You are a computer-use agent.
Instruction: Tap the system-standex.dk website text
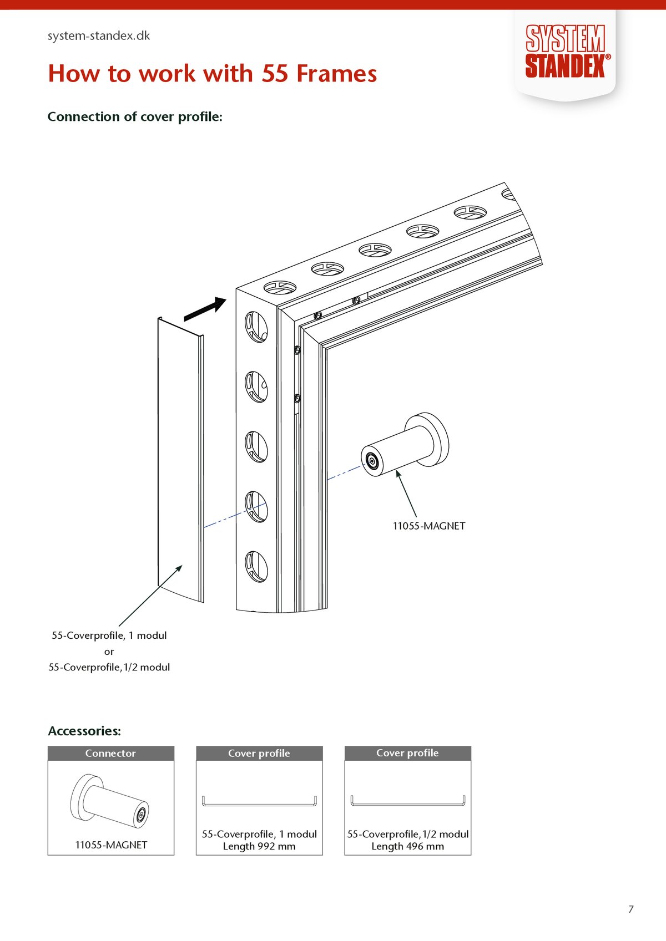99,36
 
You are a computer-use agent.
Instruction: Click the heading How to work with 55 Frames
213,74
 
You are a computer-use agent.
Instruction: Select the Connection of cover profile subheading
135,117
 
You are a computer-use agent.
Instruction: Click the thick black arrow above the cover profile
205,309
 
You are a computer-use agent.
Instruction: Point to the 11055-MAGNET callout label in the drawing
429,526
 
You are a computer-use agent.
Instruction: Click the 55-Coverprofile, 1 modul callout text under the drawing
109,635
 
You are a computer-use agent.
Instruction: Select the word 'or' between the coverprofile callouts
109,652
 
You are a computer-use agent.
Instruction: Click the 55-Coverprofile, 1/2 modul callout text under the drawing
109,668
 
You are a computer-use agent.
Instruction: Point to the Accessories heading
84,731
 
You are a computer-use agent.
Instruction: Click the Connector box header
111,753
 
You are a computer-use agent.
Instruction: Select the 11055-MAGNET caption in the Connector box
111,845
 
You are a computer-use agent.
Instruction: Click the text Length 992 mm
259,847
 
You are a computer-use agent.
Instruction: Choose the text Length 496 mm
408,847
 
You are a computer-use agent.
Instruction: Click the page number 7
630,909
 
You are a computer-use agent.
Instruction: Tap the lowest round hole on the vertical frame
256,567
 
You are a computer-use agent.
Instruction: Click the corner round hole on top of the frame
280,287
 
